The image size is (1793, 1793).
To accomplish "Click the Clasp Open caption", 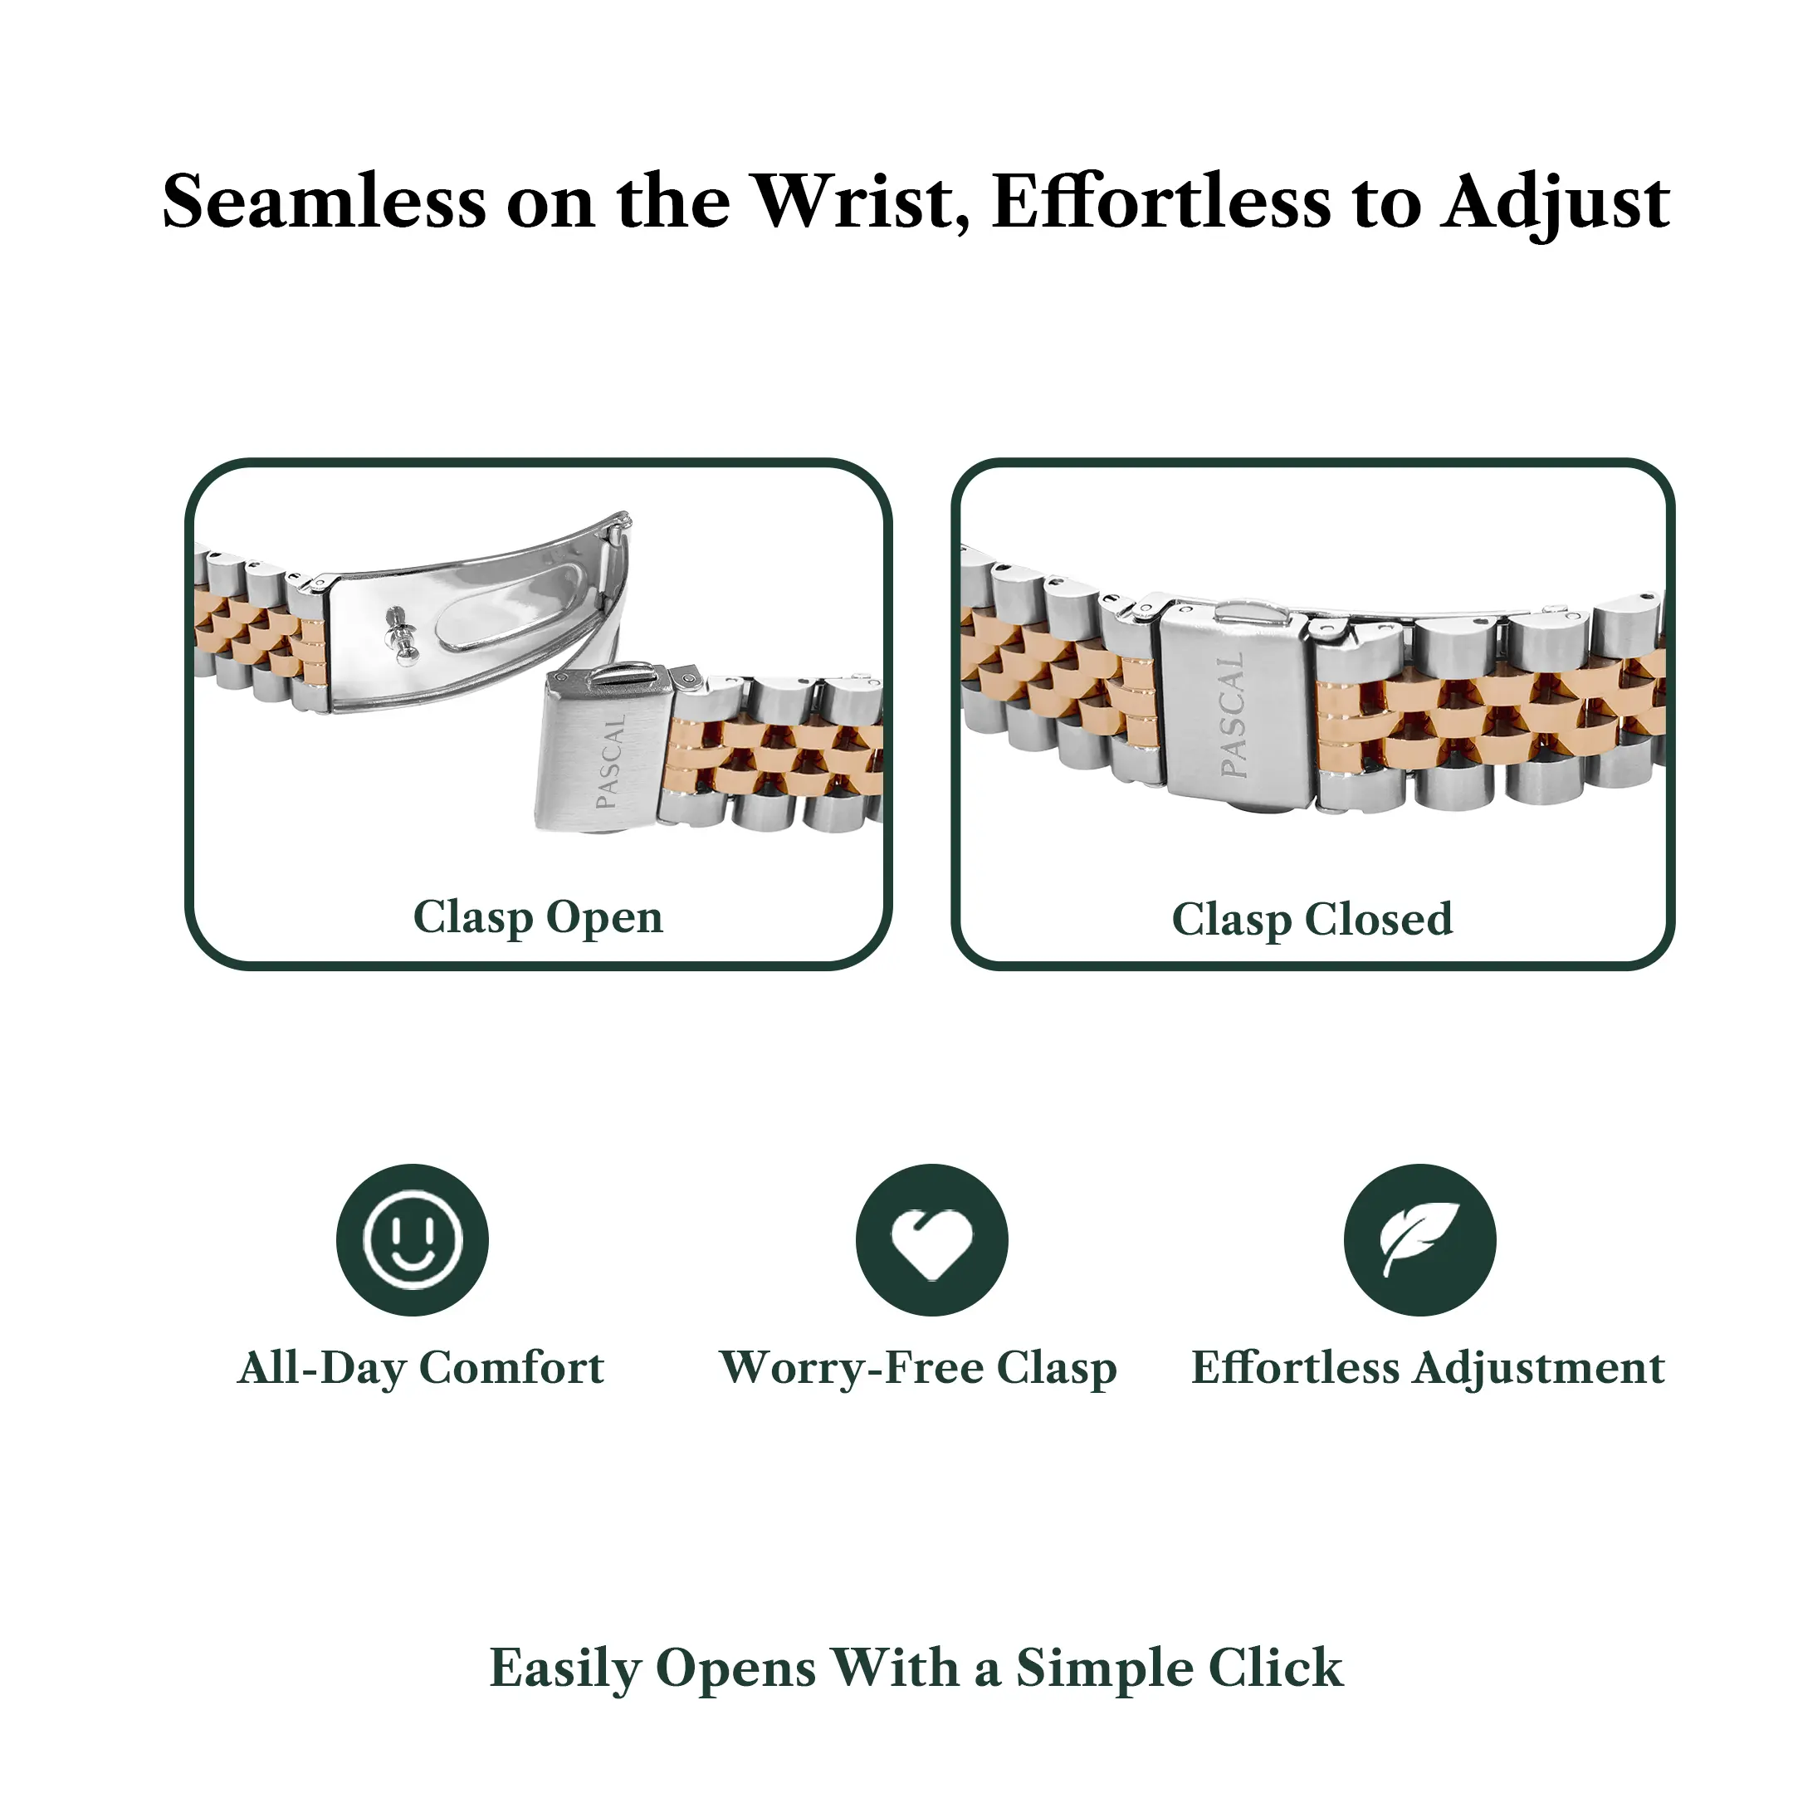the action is pos(538,918).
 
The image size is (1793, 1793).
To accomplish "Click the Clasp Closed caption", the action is pos(1312,920).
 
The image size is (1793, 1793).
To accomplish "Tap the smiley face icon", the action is pos(412,1240).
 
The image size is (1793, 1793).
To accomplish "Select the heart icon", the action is pos(931,1240).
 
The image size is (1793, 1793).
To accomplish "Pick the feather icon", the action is pos(1420,1240).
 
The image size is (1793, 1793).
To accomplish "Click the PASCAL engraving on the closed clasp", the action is pos(1233,714).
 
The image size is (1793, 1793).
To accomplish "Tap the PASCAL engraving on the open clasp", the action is pos(611,760).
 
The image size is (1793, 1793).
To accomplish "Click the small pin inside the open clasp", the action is pos(400,635).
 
